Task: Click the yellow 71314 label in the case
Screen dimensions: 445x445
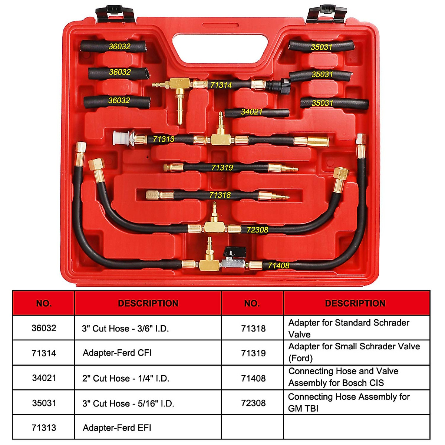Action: coord(221,85)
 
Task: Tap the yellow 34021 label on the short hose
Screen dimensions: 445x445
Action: coord(251,112)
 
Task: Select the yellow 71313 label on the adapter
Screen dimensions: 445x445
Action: coord(164,139)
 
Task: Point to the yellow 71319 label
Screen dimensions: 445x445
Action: coord(222,168)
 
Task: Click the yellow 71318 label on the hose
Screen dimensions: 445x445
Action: coord(220,195)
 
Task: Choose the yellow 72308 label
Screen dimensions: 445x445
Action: coord(257,230)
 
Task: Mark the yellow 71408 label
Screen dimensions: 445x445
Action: coord(278,266)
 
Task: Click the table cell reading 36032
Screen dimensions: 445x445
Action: coord(44,328)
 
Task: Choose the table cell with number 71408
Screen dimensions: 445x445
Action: coord(253,378)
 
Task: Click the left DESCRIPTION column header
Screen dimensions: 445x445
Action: coord(148,303)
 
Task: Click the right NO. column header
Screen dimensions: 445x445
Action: coord(252,303)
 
